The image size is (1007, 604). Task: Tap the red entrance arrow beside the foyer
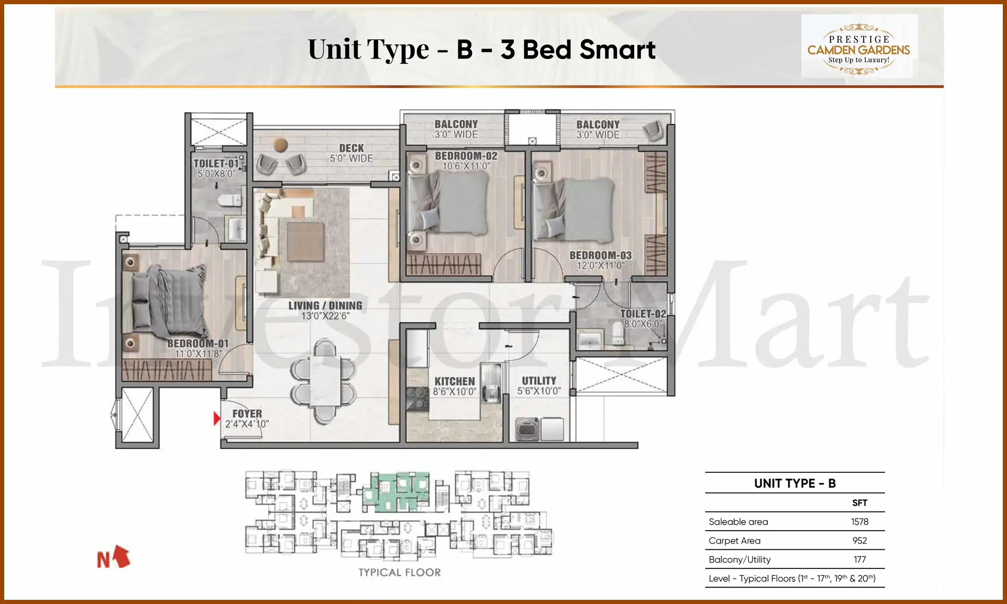coord(217,419)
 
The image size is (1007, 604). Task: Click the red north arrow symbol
coord(121,557)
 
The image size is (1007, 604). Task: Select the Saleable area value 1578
coord(859,522)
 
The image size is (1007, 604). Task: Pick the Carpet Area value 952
coord(859,541)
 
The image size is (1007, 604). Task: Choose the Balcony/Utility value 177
coord(859,560)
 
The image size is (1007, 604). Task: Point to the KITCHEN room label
coord(454,382)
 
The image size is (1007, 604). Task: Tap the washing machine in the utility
coord(527,429)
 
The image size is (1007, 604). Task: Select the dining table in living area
coord(324,381)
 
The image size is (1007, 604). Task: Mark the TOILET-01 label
coord(216,164)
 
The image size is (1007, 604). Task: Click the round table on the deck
coord(280,145)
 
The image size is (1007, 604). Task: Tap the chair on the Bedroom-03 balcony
coord(653,130)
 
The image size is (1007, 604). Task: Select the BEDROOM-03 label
coord(600,255)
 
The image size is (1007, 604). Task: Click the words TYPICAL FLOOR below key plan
coord(399,573)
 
